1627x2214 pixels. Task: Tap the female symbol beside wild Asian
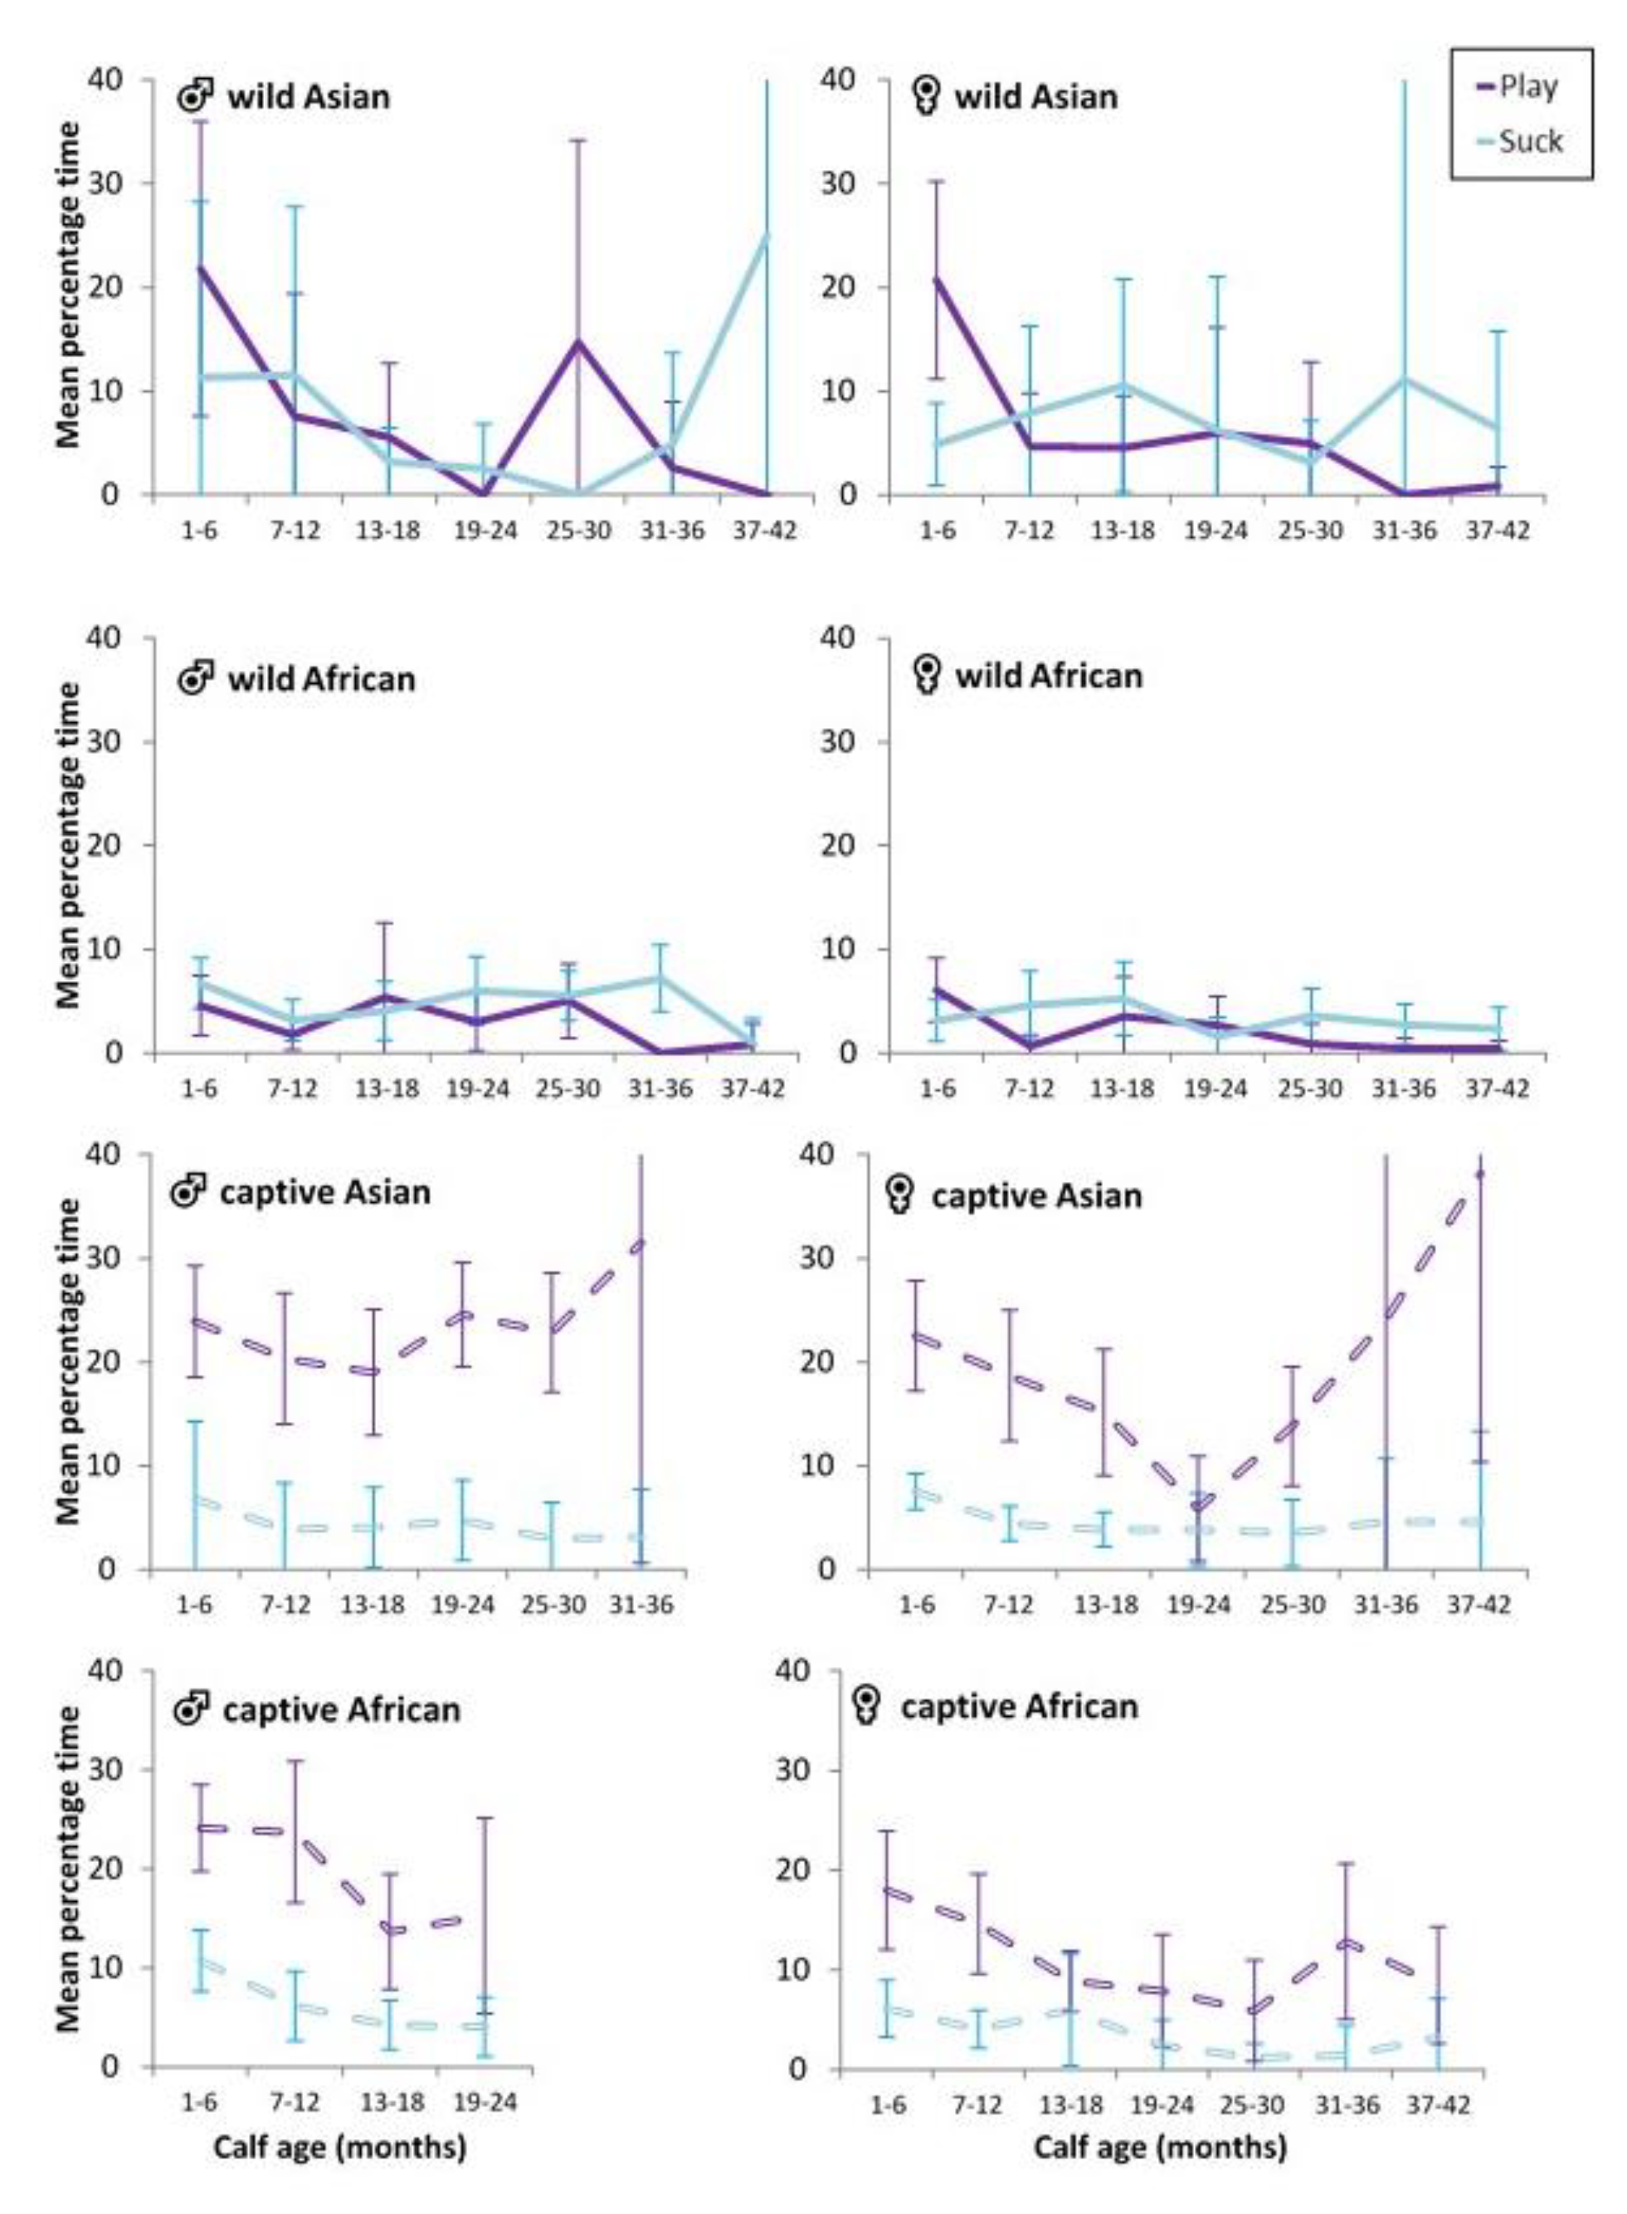[926, 96]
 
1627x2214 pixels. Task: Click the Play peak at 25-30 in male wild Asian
[578, 342]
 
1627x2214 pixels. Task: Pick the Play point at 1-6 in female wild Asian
[937, 278]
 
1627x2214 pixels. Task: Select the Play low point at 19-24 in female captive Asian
[1197, 1504]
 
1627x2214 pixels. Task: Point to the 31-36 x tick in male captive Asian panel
[641, 1605]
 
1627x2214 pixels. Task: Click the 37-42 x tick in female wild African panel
[1498, 1089]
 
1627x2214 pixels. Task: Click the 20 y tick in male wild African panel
[116, 845]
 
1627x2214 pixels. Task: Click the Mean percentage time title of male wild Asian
[68, 285]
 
